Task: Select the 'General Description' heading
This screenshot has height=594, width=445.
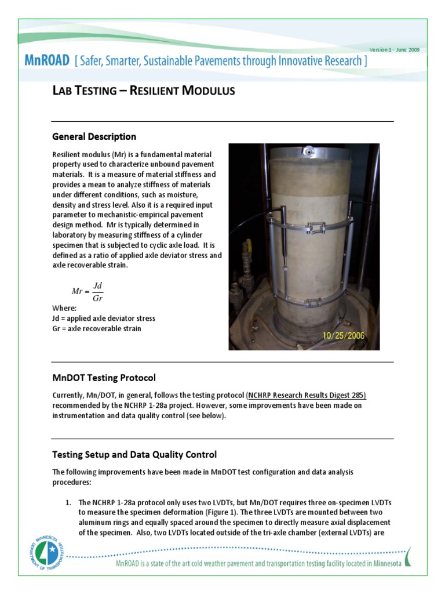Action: [94, 137]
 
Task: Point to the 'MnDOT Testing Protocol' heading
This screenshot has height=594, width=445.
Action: [104, 378]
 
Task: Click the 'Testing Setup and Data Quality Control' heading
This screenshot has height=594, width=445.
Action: [134, 454]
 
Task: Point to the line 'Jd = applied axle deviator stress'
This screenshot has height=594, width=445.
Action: [103, 318]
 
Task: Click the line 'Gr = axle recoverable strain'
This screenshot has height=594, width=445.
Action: [96, 328]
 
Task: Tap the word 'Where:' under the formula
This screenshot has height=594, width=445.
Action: [64, 309]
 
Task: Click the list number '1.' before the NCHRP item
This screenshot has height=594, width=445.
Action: [68, 502]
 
